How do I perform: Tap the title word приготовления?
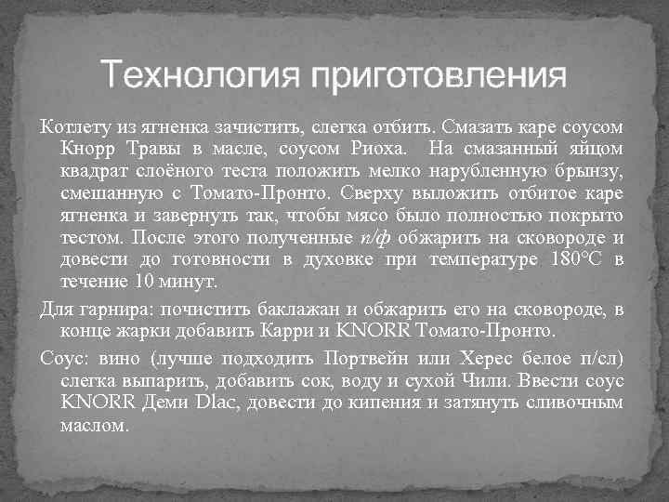[437, 76]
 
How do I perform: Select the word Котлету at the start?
[71, 126]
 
